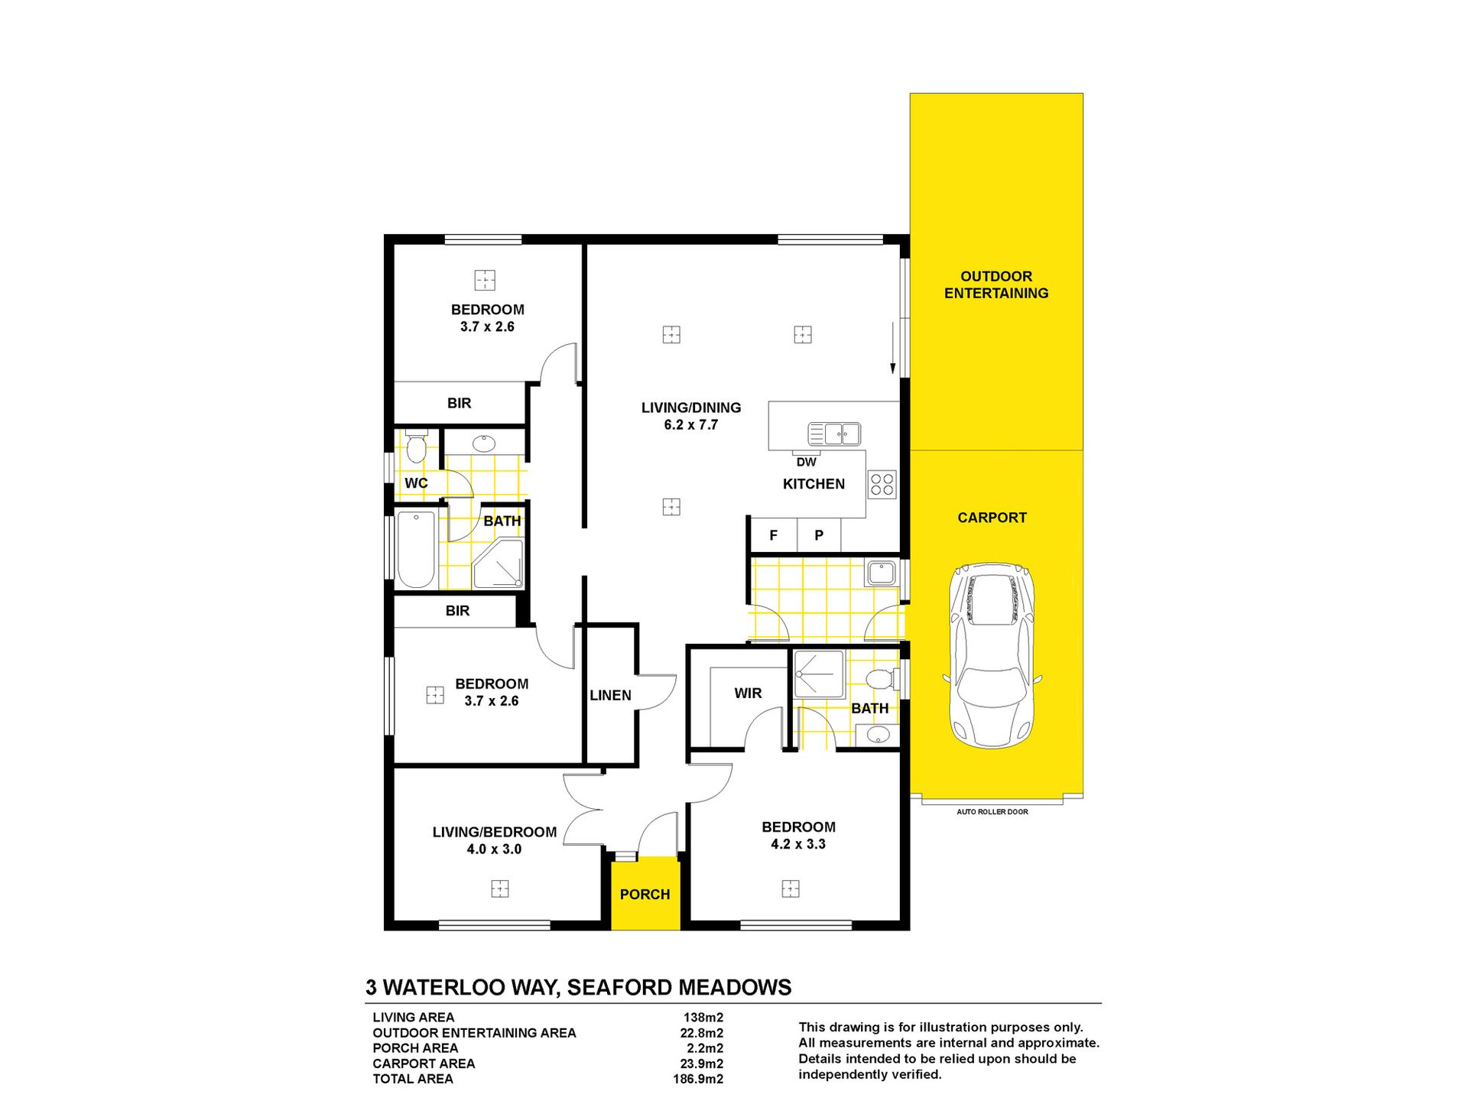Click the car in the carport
[x=992, y=655]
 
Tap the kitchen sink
[x=834, y=434]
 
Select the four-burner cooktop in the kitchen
[x=882, y=484]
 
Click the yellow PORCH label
[x=645, y=895]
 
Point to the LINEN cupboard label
[x=610, y=695]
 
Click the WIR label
[x=748, y=693]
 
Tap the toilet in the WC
[x=416, y=447]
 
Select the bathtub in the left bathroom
[x=416, y=549]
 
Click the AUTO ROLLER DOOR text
[x=992, y=812]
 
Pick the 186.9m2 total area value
[x=698, y=1079]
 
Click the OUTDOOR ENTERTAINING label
[x=996, y=284]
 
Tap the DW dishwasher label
[x=807, y=462]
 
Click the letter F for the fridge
[x=773, y=535]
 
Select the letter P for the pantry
[x=819, y=535]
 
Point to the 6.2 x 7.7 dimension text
[x=691, y=425]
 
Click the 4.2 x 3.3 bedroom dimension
[x=798, y=844]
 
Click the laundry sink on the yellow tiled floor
[x=882, y=573]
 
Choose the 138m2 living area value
[x=703, y=1018]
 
